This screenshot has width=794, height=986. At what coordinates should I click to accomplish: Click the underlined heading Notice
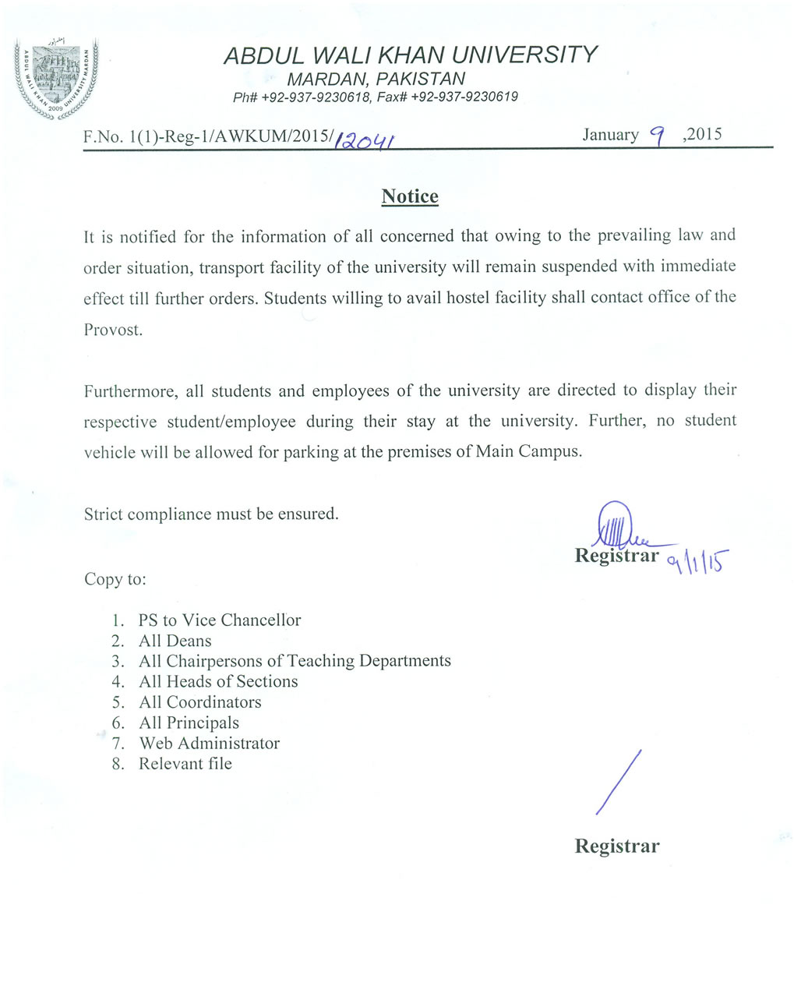coord(410,196)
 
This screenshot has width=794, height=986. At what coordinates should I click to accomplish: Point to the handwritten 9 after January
coord(659,137)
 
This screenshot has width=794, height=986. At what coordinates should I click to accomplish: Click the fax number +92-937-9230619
coord(464,97)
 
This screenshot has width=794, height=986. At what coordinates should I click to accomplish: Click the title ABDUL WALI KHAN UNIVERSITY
coord(410,55)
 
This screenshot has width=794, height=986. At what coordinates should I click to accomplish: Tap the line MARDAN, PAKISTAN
coord(376,79)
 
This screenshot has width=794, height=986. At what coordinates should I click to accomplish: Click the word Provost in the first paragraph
coord(113,329)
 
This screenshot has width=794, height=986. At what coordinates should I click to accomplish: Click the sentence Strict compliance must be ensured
coord(211,514)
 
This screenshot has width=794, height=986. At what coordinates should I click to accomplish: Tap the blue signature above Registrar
coord(619,528)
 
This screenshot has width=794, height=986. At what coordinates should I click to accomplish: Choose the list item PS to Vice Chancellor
coord(219,620)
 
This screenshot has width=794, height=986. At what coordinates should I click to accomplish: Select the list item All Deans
coord(175,641)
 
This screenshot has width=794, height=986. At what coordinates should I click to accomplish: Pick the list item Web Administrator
coord(209,744)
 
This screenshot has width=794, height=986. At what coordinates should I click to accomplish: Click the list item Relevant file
coord(185,764)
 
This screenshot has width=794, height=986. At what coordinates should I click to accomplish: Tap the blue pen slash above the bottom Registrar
coord(619,782)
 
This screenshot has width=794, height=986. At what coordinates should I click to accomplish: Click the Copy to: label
coord(115,579)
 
